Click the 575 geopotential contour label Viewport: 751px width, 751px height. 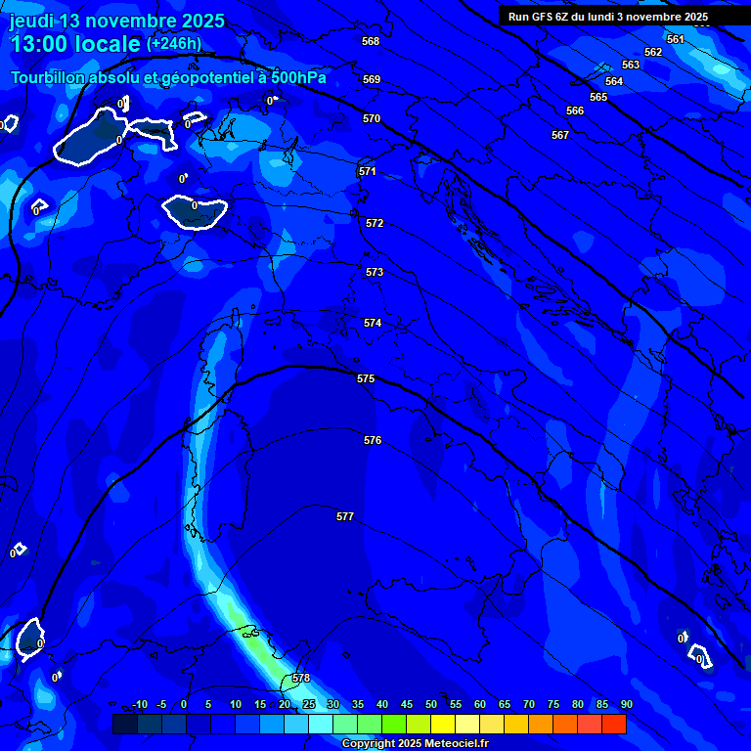coord(366,378)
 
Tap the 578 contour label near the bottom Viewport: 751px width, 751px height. coord(301,678)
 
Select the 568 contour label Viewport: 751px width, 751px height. coord(371,41)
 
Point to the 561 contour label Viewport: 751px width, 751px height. coord(676,39)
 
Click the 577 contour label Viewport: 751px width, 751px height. coord(345,516)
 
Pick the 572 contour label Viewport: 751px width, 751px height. coord(375,223)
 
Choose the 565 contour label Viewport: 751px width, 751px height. coord(598,97)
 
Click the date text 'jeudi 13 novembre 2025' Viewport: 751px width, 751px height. coord(116,21)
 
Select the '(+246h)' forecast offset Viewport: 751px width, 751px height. coord(174,44)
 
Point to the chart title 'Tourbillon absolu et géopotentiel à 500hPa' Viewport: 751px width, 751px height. coord(168,77)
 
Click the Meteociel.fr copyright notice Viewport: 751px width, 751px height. coord(421,743)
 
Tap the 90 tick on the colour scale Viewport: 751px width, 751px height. coord(626,704)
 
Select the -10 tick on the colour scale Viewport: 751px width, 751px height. coord(139,704)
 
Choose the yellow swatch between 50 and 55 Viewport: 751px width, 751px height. coord(443,724)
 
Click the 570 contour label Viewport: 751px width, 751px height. coord(372,118)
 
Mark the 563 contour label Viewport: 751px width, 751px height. coord(631,65)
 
